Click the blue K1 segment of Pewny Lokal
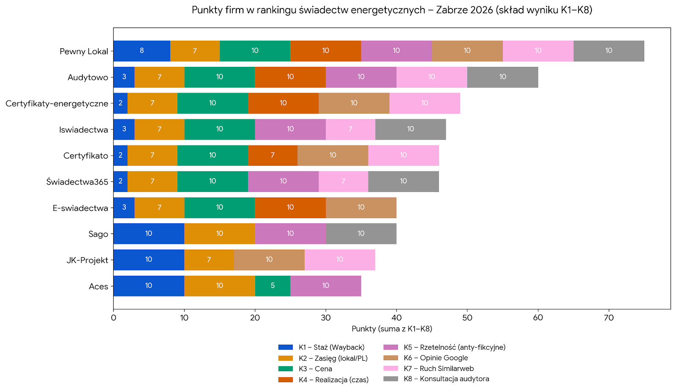(x=142, y=51)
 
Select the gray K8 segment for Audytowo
(x=502, y=77)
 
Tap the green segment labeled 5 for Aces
(x=273, y=286)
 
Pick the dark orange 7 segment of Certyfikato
(x=273, y=155)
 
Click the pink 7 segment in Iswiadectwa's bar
(x=350, y=129)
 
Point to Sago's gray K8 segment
(x=361, y=234)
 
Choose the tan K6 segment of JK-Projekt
(x=269, y=260)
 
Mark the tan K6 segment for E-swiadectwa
(x=361, y=208)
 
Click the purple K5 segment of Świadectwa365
(x=283, y=181)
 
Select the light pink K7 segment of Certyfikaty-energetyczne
(x=425, y=103)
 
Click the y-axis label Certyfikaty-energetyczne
(x=57, y=104)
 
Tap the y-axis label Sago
(x=98, y=234)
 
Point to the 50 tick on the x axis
(x=467, y=318)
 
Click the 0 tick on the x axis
(x=113, y=318)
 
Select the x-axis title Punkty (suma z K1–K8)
(x=392, y=329)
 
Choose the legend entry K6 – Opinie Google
(x=436, y=358)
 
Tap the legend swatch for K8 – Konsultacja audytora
(x=391, y=379)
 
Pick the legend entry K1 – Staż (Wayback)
(x=331, y=347)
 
